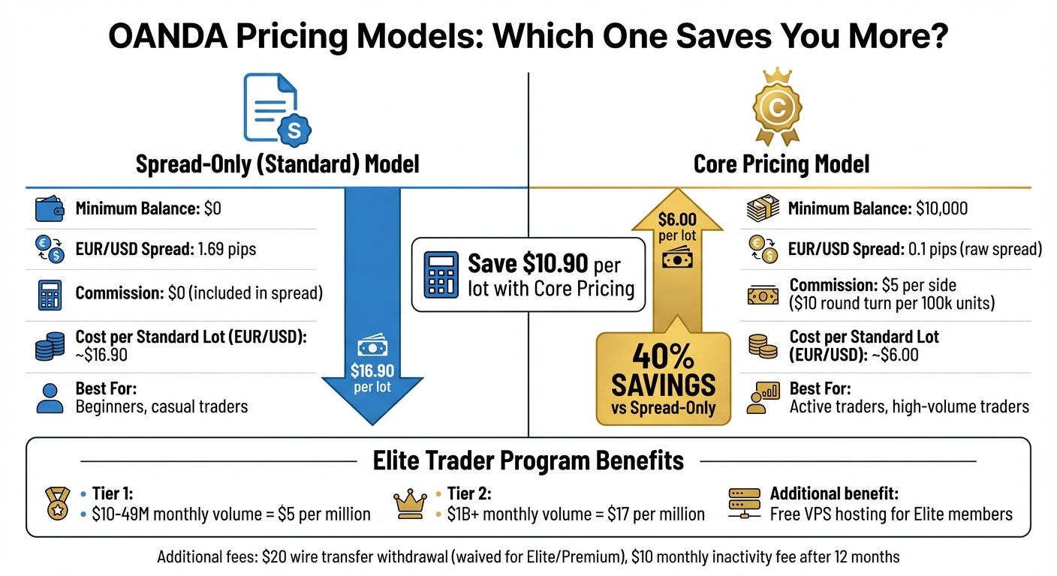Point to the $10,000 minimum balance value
tap(941, 208)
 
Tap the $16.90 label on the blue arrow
tap(372, 370)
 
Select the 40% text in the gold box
tap(663, 355)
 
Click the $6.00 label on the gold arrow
tap(678, 220)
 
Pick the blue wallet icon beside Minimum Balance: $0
tap(50, 209)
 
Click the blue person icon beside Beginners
tap(50, 398)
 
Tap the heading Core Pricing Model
tap(781, 163)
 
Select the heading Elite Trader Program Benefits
tap(528, 460)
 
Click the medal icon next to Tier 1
tap(57, 503)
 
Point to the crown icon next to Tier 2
tap(410, 503)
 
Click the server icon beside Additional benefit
tap(743, 503)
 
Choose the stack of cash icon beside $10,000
tap(763, 209)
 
